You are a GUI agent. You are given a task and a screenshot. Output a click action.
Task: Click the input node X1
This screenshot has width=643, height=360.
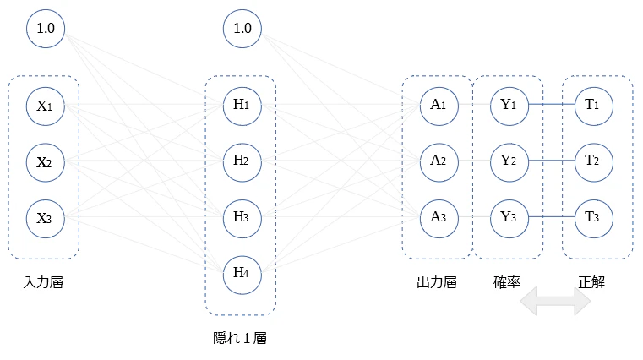(46, 106)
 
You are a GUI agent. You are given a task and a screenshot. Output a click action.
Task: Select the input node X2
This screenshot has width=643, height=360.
(46, 162)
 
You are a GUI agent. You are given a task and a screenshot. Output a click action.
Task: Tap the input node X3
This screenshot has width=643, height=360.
(46, 219)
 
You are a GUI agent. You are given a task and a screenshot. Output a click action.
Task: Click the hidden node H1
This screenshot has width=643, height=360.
(242, 106)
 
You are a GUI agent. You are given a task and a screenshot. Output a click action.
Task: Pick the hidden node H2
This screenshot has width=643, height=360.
(242, 162)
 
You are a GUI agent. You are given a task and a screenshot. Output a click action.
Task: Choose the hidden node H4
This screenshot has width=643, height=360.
(242, 275)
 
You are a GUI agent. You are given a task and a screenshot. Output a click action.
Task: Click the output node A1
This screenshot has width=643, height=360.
(439, 106)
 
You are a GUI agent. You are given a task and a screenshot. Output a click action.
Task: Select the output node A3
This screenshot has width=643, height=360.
(439, 219)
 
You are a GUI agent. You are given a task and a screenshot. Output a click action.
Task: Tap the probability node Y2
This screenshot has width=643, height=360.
(509, 162)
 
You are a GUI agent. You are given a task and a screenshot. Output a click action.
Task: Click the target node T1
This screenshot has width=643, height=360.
(594, 106)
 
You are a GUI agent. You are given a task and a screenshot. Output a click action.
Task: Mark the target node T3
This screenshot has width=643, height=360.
(594, 219)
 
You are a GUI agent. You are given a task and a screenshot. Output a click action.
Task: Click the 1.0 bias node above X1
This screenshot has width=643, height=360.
(46, 29)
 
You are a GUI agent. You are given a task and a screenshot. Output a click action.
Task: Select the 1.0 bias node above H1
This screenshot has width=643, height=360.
(242, 29)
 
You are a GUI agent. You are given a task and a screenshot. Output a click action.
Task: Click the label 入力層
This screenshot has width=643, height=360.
(43, 282)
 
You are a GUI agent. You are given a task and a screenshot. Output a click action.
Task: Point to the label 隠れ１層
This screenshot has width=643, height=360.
(240, 338)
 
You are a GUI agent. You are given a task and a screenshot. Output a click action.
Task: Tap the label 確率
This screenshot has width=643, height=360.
(507, 282)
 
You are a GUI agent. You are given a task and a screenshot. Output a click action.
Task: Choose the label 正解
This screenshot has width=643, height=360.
(591, 282)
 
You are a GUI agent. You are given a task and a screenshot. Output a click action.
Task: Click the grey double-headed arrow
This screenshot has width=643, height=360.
(555, 302)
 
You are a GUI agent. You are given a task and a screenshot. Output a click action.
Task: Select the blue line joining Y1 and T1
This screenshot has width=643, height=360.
(552, 104)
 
